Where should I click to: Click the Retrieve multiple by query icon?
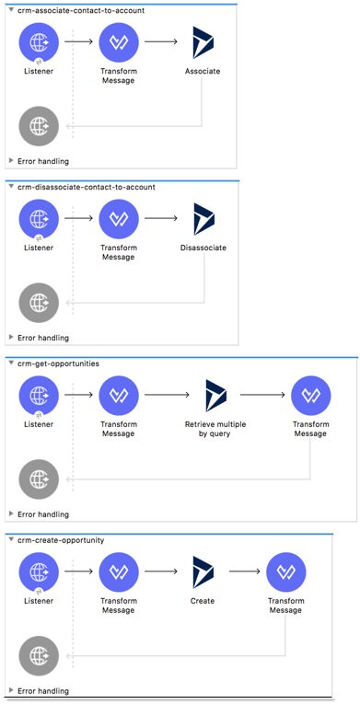(215, 396)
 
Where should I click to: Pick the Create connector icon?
(203, 572)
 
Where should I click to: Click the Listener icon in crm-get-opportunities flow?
(39, 396)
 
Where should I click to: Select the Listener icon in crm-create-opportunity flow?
(39, 572)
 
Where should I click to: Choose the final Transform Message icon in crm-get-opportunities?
(310, 396)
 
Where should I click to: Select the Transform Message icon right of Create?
(285, 572)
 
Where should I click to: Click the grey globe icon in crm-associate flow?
(39, 125)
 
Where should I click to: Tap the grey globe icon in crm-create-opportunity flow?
(39, 655)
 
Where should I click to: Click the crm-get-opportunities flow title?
(58, 364)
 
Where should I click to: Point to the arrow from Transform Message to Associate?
(161, 42)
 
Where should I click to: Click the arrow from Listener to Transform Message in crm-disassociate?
(78, 219)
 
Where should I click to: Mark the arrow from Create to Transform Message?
(245, 571)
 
